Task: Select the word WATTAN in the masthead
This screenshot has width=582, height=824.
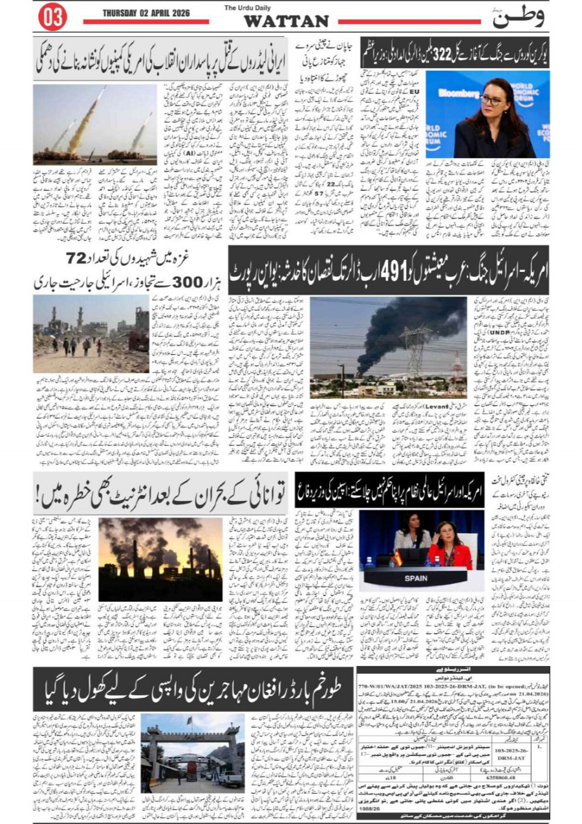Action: (286, 21)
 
